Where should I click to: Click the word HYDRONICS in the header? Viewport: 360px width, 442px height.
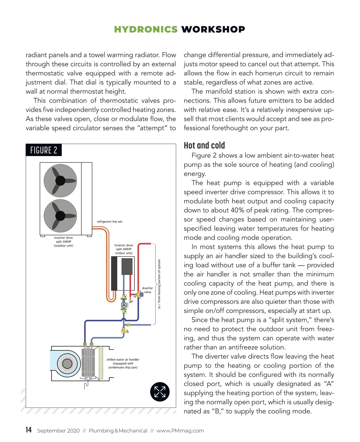146,29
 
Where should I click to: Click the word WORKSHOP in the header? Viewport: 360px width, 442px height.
213,29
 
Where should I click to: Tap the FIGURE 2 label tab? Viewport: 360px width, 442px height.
43,150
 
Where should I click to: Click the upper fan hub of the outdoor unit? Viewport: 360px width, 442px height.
60,180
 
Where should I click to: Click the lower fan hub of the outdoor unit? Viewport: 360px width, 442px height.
60,216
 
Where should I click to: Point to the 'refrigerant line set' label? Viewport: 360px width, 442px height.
109,222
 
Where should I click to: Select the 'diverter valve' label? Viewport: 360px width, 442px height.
147,290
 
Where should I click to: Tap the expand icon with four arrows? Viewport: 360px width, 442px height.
160,392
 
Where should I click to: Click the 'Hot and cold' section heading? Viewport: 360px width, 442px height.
204,146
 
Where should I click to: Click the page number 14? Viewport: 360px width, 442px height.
28,430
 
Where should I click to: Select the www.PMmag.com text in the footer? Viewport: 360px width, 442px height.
180,431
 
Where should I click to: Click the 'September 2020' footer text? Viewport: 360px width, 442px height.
58,431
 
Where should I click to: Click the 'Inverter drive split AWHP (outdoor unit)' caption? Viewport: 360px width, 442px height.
64,241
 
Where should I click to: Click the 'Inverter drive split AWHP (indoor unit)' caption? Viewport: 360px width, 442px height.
124,249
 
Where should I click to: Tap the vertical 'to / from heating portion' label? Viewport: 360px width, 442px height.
159,284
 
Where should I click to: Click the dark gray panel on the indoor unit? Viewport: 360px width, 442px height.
127,267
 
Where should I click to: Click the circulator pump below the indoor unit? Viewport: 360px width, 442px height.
124,305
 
